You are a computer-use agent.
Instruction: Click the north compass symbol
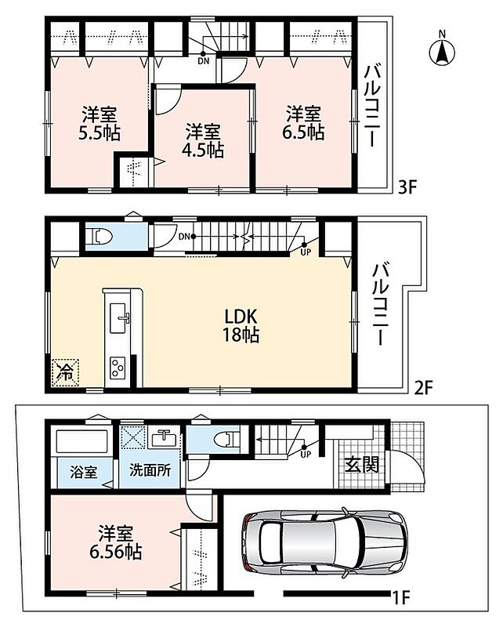coord(442,51)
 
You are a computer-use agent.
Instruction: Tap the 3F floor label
coord(407,187)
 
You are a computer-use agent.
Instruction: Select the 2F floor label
coord(423,387)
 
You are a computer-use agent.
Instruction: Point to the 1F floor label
coord(400,598)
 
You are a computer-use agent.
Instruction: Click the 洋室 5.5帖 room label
coord(100,124)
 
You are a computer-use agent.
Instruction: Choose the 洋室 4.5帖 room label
coord(203,140)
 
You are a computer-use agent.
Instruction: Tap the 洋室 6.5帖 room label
coord(303,123)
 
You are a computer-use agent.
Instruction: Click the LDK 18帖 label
coord(241,325)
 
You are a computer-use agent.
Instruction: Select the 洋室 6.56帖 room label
coord(115,542)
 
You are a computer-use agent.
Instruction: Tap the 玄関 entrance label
coord(362,464)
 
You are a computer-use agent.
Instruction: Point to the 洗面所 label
coord(150,470)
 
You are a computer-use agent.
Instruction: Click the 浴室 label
coord(83,472)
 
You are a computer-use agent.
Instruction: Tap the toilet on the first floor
coord(226,439)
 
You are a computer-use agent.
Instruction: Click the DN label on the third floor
coord(203,62)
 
